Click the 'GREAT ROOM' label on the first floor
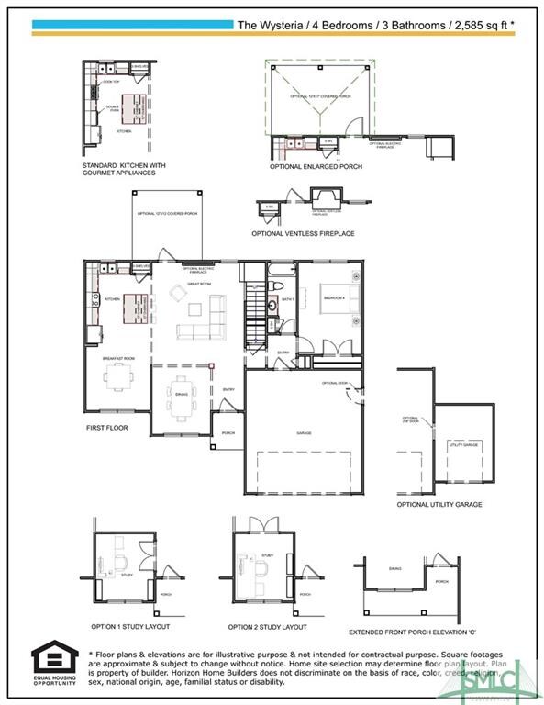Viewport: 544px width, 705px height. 199,285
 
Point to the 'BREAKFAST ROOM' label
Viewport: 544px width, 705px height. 119,357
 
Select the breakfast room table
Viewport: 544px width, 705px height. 119,375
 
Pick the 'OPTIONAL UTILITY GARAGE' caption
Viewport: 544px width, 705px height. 439,504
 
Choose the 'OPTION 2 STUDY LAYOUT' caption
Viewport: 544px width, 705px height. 267,626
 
